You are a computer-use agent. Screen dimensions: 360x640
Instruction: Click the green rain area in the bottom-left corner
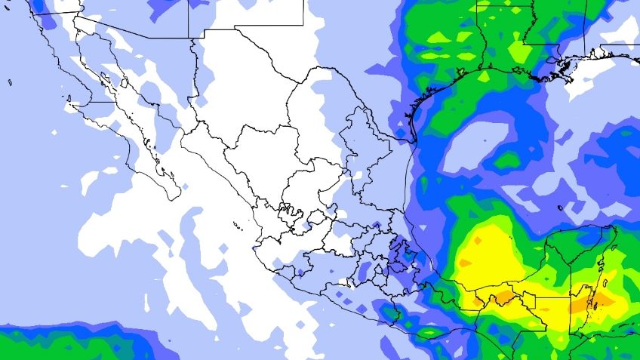click(60, 343)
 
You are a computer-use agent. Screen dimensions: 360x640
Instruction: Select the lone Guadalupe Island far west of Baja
click(10, 81)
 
